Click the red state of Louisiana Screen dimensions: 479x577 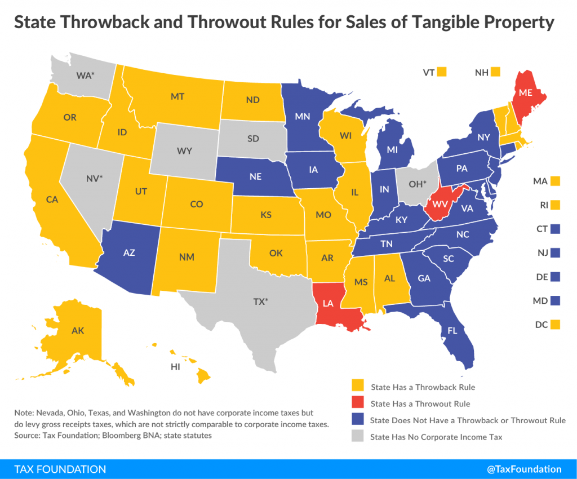(332, 307)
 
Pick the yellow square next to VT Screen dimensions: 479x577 (442, 72)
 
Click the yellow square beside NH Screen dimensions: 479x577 (496, 72)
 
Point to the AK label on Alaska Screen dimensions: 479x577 (77, 331)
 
